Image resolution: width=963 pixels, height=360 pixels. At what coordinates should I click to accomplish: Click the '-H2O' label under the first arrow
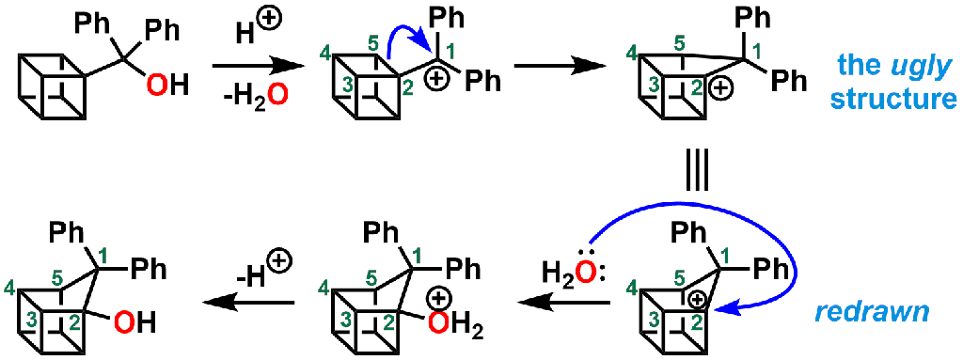coord(245,96)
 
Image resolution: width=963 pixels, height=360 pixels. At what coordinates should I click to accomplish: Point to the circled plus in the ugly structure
coord(719,90)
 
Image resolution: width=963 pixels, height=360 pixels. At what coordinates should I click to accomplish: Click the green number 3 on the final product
coord(32,321)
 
